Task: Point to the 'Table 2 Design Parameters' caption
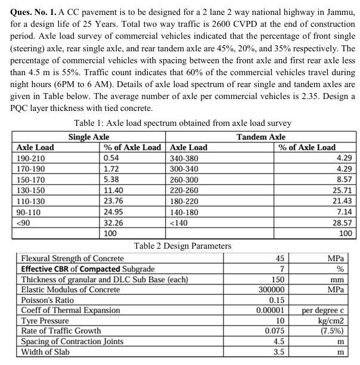pos(182,245)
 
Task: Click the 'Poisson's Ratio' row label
pos(48,300)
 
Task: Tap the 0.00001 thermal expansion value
pos(273,310)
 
